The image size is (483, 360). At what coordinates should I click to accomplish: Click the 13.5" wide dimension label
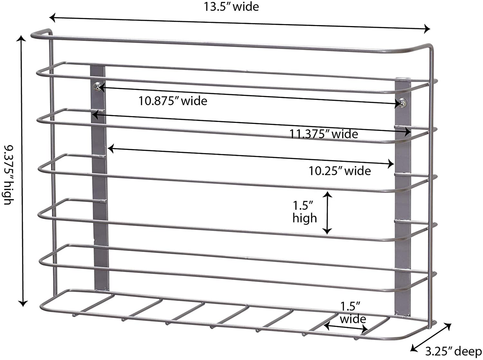click(x=231, y=7)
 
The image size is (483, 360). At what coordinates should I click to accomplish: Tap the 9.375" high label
click(x=9, y=175)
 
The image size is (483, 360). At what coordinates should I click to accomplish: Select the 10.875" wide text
click(x=173, y=101)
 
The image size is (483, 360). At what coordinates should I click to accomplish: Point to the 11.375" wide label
click(x=324, y=134)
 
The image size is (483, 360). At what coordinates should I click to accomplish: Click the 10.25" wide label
click(x=340, y=171)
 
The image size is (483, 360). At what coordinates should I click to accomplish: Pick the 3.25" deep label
click(x=453, y=351)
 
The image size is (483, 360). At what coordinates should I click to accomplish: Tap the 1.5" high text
click(x=305, y=212)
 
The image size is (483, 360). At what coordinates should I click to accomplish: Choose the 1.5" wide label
click(x=353, y=313)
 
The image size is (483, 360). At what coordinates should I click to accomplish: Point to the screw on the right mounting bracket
click(x=403, y=103)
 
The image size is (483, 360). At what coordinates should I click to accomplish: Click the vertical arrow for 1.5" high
click(x=328, y=213)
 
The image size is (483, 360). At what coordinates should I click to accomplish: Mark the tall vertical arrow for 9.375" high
click(x=22, y=171)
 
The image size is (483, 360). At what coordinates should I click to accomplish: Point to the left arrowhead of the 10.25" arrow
click(x=110, y=149)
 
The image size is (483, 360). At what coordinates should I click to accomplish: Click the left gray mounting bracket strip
click(x=100, y=178)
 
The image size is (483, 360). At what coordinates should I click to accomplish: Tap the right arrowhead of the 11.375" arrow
click(x=408, y=132)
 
